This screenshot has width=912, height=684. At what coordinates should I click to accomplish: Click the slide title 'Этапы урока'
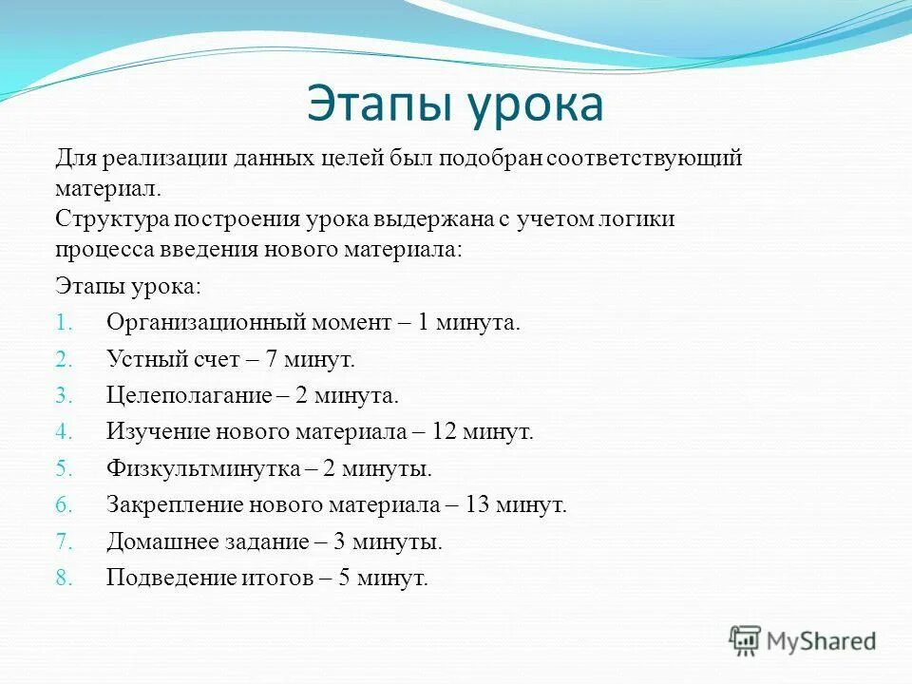click(454, 104)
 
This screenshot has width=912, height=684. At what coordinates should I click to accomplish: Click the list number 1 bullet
click(63, 323)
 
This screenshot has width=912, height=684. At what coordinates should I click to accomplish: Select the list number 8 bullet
click(64, 579)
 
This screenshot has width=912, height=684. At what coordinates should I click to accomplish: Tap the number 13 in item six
click(477, 505)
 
